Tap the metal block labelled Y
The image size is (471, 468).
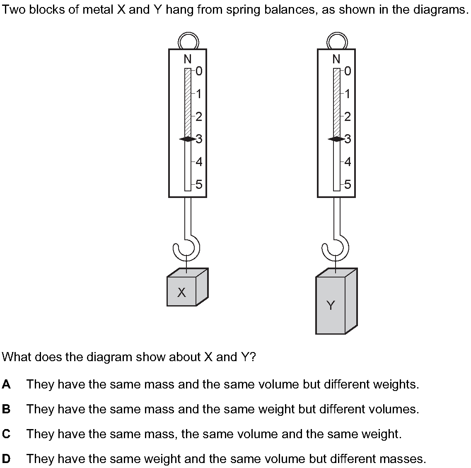[331, 305]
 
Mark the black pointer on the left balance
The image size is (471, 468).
[187, 139]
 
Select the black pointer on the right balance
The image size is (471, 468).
[336, 139]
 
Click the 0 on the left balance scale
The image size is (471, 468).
[199, 72]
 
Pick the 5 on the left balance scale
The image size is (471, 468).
[199, 184]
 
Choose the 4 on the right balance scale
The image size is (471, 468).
[348, 162]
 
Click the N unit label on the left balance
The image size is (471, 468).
[188, 59]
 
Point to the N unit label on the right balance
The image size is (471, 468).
[336, 59]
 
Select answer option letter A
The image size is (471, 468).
[6, 384]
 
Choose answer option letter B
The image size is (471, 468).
[6, 409]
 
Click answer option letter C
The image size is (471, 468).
[6, 434]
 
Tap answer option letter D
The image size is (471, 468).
[6, 459]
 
